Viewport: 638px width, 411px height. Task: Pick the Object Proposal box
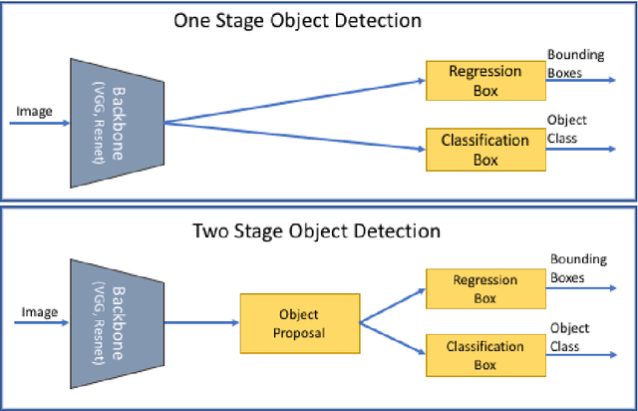298,322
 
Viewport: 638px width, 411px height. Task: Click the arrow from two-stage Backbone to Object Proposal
199,321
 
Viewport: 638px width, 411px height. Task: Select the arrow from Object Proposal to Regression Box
391,305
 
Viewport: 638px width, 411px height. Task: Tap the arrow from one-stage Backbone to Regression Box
294,103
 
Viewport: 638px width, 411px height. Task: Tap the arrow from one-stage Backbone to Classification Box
294,137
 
